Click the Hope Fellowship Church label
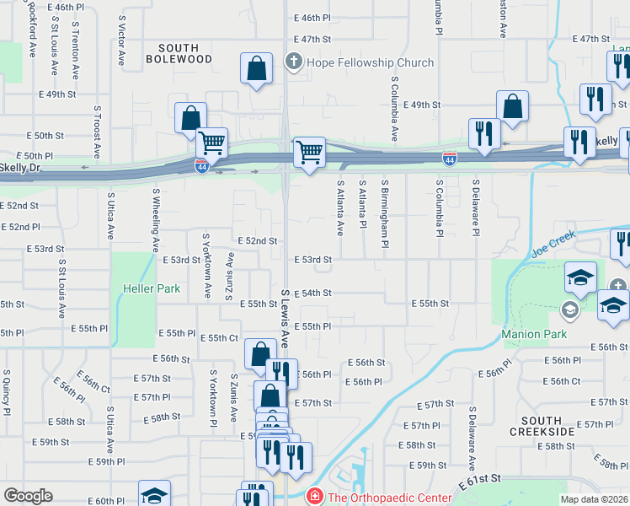pyautogui.click(x=370, y=62)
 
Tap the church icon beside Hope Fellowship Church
pyautogui.click(x=294, y=62)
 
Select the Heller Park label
pyautogui.click(x=156, y=288)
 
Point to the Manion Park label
pyautogui.click(x=534, y=334)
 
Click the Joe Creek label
pyautogui.click(x=553, y=242)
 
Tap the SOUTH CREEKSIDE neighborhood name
pyautogui.click(x=542, y=426)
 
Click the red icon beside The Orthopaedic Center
pyautogui.click(x=315, y=498)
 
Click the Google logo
pyautogui.click(x=28, y=496)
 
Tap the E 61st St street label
pyautogui.click(x=480, y=483)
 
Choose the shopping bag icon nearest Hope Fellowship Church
pyautogui.click(x=256, y=70)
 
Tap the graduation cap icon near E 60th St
pyautogui.click(x=154, y=494)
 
